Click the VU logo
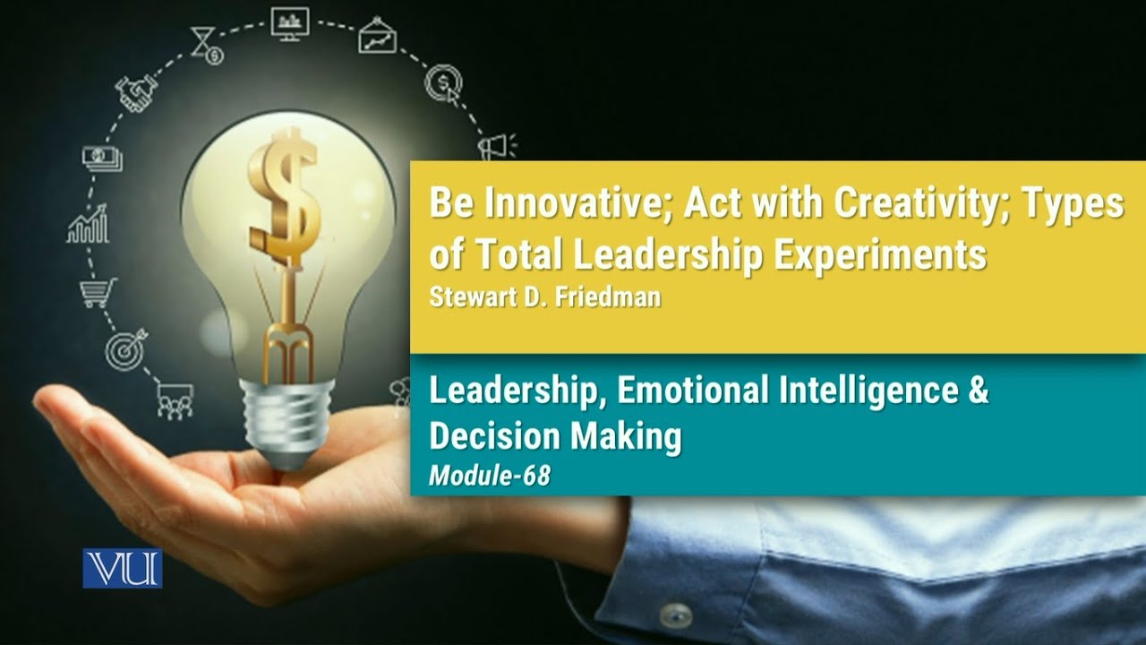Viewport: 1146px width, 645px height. point(123,568)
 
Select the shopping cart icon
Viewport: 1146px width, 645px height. point(98,291)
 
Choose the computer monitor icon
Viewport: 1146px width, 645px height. point(289,23)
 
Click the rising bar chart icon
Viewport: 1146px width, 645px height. point(89,225)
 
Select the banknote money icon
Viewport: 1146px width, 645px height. point(102,159)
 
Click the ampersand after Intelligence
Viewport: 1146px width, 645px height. point(977,391)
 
